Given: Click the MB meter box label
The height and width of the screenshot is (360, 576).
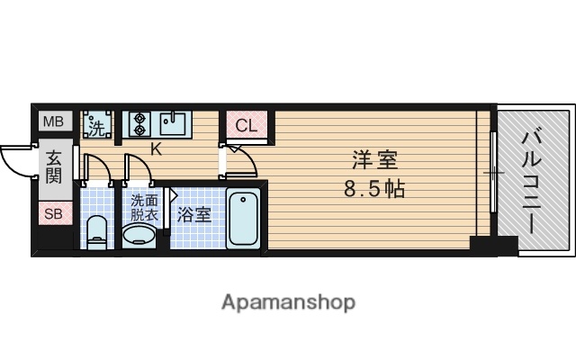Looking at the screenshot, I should click(54, 121).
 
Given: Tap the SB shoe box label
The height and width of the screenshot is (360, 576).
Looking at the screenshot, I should click(54, 214).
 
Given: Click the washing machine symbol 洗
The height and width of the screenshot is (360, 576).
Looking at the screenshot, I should click(94, 123).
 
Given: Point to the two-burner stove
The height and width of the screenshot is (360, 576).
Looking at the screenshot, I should click(139, 123).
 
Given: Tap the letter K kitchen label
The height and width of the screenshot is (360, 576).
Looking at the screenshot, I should click(155, 148).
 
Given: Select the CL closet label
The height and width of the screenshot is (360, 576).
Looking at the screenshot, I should click(247, 125).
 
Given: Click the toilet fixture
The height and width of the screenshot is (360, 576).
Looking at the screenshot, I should click(96, 230).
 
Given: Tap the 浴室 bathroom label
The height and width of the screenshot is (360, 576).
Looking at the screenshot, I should click(193, 215).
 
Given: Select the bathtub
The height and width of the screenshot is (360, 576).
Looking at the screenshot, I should click(244, 220).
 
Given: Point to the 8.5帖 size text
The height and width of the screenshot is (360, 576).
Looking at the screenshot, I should click(373, 190).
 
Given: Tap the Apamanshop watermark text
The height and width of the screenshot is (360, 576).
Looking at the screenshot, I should click(288, 301).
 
